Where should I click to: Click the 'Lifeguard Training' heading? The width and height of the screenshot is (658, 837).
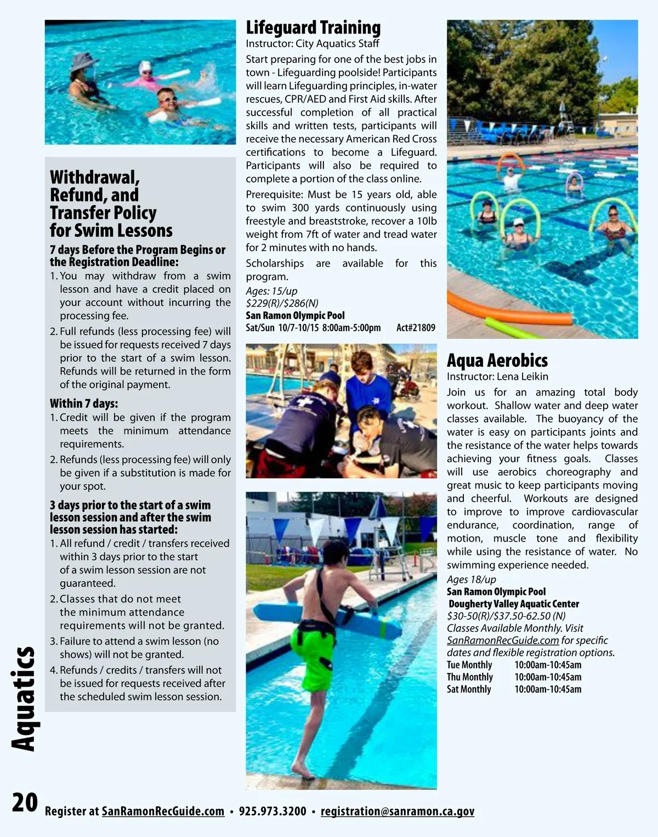coord(313,27)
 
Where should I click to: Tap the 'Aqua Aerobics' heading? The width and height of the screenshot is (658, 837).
coord(497,360)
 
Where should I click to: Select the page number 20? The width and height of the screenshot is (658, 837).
coord(25,802)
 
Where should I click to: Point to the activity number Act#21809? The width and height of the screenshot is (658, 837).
coord(416,328)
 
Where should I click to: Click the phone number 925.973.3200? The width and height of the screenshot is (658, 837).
coord(273,811)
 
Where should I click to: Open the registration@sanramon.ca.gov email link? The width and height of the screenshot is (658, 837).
coord(397,811)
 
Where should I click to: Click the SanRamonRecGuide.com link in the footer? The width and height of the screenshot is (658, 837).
coord(163,811)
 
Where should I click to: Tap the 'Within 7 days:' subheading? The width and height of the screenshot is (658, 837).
coord(84,403)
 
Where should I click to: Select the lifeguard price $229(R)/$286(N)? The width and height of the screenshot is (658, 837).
coord(282,303)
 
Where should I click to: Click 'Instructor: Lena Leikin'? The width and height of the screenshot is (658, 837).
coord(497,377)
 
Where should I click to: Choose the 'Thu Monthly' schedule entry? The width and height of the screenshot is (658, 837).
coord(470,677)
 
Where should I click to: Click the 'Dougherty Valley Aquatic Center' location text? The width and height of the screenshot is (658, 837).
coord(514,603)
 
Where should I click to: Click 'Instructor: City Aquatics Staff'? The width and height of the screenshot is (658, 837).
coord(312,44)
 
